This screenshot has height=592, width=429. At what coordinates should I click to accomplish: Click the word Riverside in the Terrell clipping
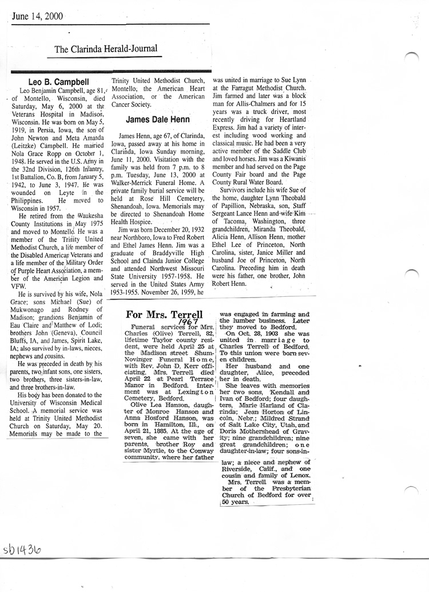coord(238,469)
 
